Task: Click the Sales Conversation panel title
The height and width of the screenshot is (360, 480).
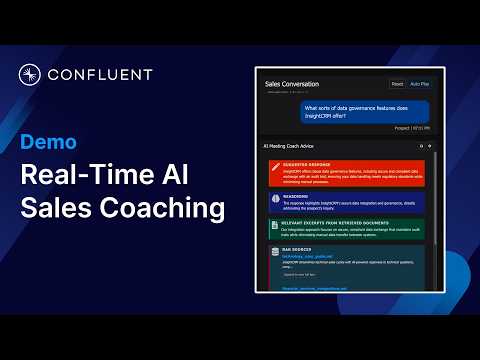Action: [292, 85]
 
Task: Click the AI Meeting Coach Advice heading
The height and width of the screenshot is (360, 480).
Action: [291, 146]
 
